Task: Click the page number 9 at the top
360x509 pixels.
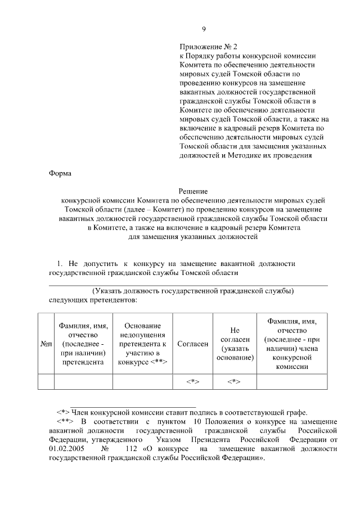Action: click(204, 30)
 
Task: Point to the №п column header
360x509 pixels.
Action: click(46, 344)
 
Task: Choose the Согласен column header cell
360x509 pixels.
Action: click(192, 344)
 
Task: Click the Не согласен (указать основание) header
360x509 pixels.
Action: click(235, 344)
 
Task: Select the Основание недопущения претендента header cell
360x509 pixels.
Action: click(142, 344)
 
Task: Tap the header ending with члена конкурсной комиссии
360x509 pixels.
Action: click(291, 344)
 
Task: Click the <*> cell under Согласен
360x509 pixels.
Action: click(192, 381)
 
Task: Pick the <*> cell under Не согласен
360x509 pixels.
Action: click(235, 381)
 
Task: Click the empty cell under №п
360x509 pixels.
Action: click(46, 381)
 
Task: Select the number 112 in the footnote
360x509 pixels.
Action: click(132, 448)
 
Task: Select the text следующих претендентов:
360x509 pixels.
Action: click(93, 300)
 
